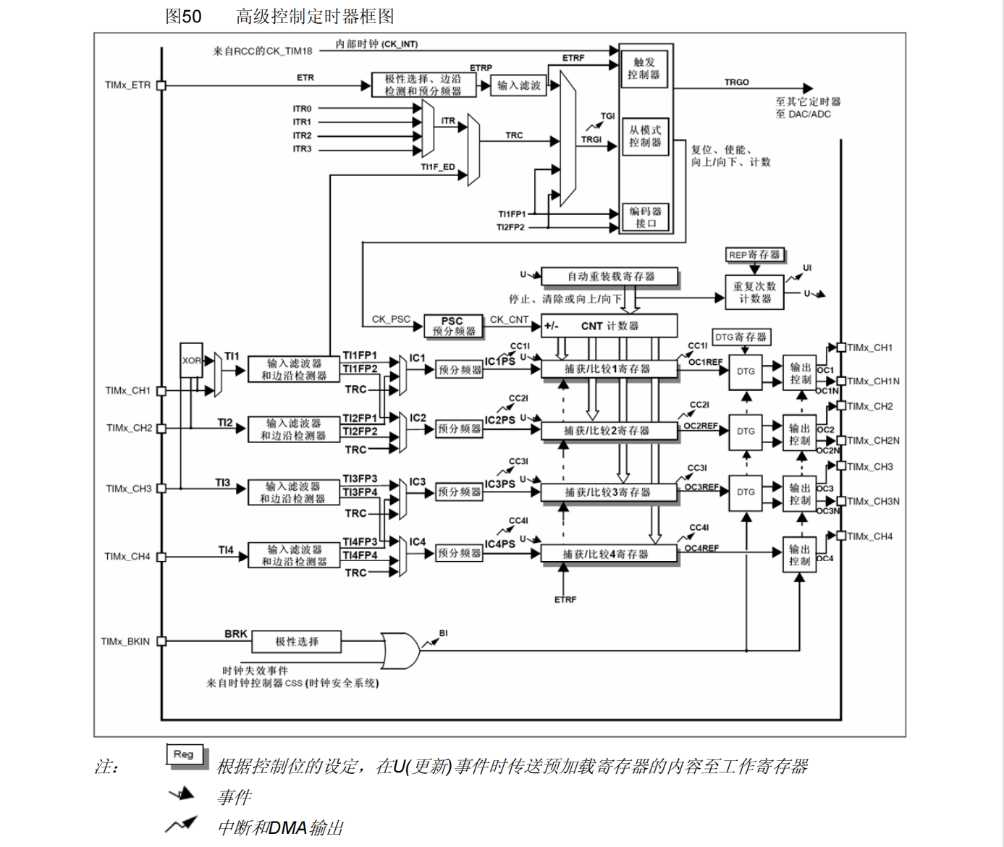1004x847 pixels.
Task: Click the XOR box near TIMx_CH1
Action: point(191,360)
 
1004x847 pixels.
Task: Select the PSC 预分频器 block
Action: point(453,326)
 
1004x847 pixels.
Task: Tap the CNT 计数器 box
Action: point(609,326)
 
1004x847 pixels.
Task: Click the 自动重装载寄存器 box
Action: point(609,277)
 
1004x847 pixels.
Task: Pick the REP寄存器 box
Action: point(754,255)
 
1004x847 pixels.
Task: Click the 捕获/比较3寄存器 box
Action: point(609,492)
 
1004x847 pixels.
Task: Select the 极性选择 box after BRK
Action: point(296,641)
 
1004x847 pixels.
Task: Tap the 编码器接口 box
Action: point(645,217)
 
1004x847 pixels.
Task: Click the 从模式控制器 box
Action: point(644,136)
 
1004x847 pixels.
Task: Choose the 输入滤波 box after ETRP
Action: point(519,85)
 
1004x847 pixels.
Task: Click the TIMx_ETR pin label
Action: point(127,85)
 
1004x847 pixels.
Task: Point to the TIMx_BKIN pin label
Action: point(125,641)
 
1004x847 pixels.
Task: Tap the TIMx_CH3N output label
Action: point(873,501)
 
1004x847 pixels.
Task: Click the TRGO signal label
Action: point(736,82)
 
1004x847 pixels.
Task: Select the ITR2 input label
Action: point(302,135)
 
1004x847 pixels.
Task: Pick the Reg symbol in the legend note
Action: point(184,754)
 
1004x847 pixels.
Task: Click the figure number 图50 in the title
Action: point(183,16)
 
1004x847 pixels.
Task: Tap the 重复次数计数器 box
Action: point(754,292)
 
